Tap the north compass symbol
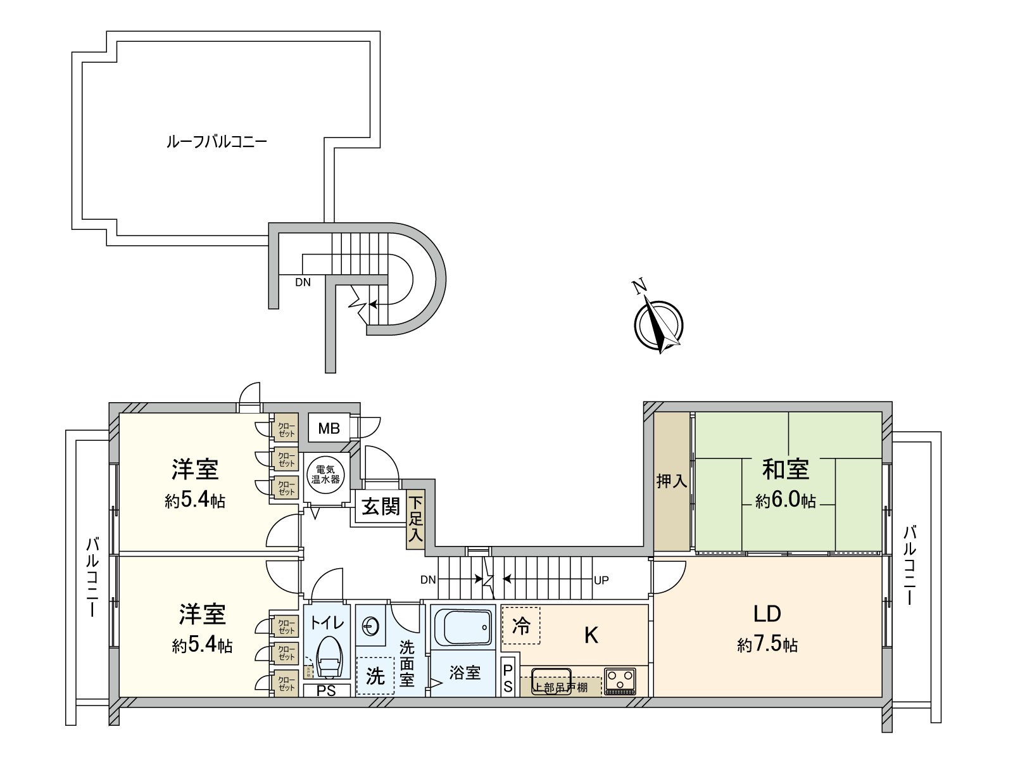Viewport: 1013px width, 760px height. coord(658,324)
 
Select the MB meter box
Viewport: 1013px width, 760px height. coord(329,428)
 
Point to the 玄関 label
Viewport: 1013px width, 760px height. coord(381,507)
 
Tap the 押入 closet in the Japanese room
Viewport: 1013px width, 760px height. coord(671,481)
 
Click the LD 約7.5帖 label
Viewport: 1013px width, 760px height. coord(767,627)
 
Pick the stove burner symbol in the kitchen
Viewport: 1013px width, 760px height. coord(620,681)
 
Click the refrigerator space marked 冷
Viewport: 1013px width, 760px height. coord(520,626)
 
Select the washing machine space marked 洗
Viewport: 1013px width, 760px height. coord(375,676)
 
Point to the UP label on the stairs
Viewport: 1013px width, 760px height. coord(601,580)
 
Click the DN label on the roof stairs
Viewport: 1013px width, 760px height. coord(303,282)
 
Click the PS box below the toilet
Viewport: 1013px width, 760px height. coord(326,691)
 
